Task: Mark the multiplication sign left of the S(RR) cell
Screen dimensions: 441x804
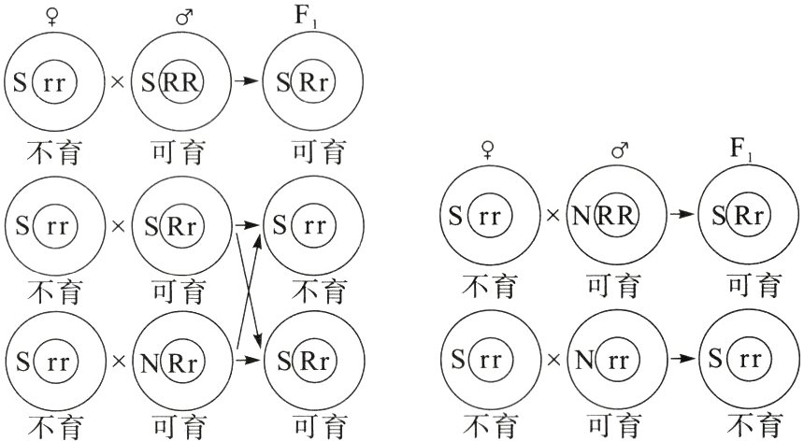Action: [117, 81]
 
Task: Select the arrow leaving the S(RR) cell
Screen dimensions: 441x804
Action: [245, 81]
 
